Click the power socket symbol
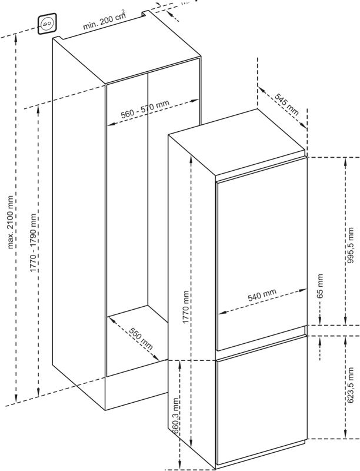[x=47, y=24]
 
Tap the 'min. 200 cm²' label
[x=104, y=21]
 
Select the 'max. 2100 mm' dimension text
[x=11, y=223]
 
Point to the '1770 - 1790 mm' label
[x=33, y=243]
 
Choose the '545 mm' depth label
[x=287, y=105]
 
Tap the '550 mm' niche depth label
[x=141, y=338]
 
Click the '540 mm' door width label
[x=262, y=295]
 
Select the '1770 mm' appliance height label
[x=186, y=307]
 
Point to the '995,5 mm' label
[x=350, y=246]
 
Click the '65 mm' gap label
[x=320, y=286]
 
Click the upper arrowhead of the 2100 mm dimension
[x=16, y=38]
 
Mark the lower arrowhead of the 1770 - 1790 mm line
[x=38, y=392]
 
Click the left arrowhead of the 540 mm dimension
[x=222, y=313]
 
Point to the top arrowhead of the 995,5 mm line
[x=346, y=162]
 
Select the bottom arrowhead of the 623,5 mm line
[x=346, y=434]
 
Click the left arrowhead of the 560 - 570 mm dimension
[x=112, y=124]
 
